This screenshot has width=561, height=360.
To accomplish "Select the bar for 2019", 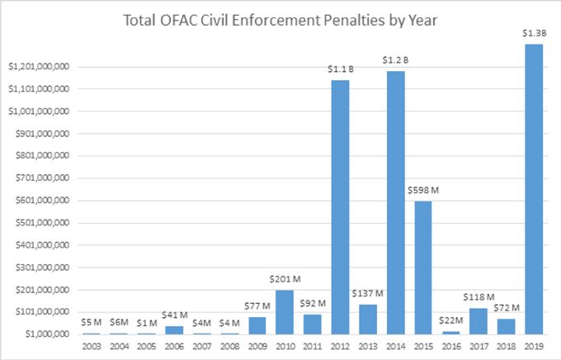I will tap(534, 189).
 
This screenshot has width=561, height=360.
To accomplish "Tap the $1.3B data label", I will tap(534, 32).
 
